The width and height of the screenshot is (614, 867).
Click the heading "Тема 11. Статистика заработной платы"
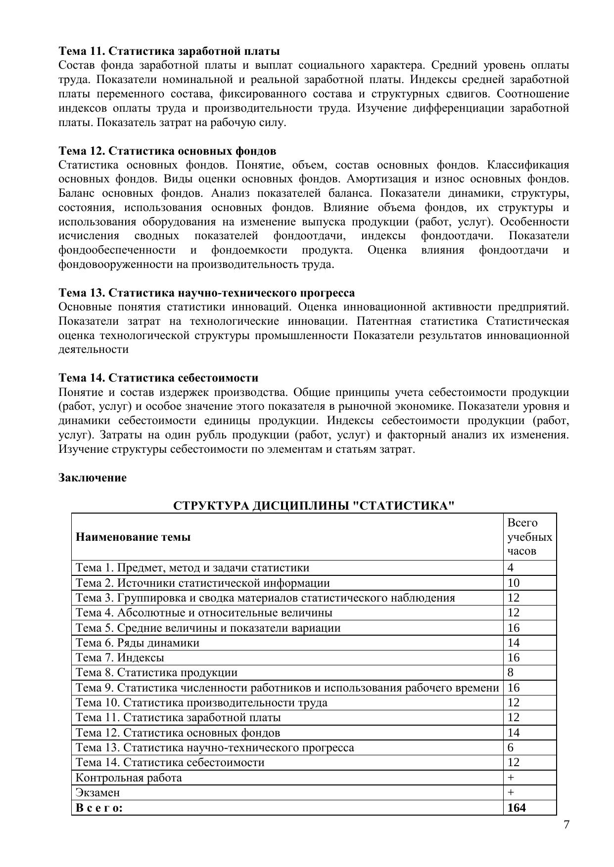pos(169,51)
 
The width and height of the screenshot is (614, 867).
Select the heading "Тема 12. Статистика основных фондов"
pos(167,151)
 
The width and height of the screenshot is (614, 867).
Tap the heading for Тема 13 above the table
pos(206,293)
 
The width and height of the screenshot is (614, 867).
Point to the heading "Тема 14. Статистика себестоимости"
pos(158,378)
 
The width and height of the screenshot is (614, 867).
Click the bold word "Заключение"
pos(93,478)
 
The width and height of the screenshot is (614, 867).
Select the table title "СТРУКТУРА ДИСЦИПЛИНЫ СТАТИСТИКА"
pos(314,506)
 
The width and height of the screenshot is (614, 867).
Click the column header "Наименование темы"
pos(133,537)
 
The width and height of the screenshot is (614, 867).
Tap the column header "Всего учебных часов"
pos(529,537)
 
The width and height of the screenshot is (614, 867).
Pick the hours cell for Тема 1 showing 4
pos(511,568)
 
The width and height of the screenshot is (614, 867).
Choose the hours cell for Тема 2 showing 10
pos(514,583)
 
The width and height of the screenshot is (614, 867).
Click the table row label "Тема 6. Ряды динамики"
pos(138,643)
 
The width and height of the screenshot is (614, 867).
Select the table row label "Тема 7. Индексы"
pos(120,658)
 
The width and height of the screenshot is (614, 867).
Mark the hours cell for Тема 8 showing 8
pos(511,673)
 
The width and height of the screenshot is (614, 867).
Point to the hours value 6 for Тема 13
pos(511,748)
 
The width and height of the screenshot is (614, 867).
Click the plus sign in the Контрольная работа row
pos(511,778)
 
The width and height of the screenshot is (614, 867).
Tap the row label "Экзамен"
pos(97,793)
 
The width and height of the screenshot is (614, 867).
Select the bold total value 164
pos(517,808)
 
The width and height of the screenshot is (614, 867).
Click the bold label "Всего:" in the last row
pos(99,808)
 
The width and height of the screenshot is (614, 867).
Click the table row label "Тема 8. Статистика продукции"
pos(156,673)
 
